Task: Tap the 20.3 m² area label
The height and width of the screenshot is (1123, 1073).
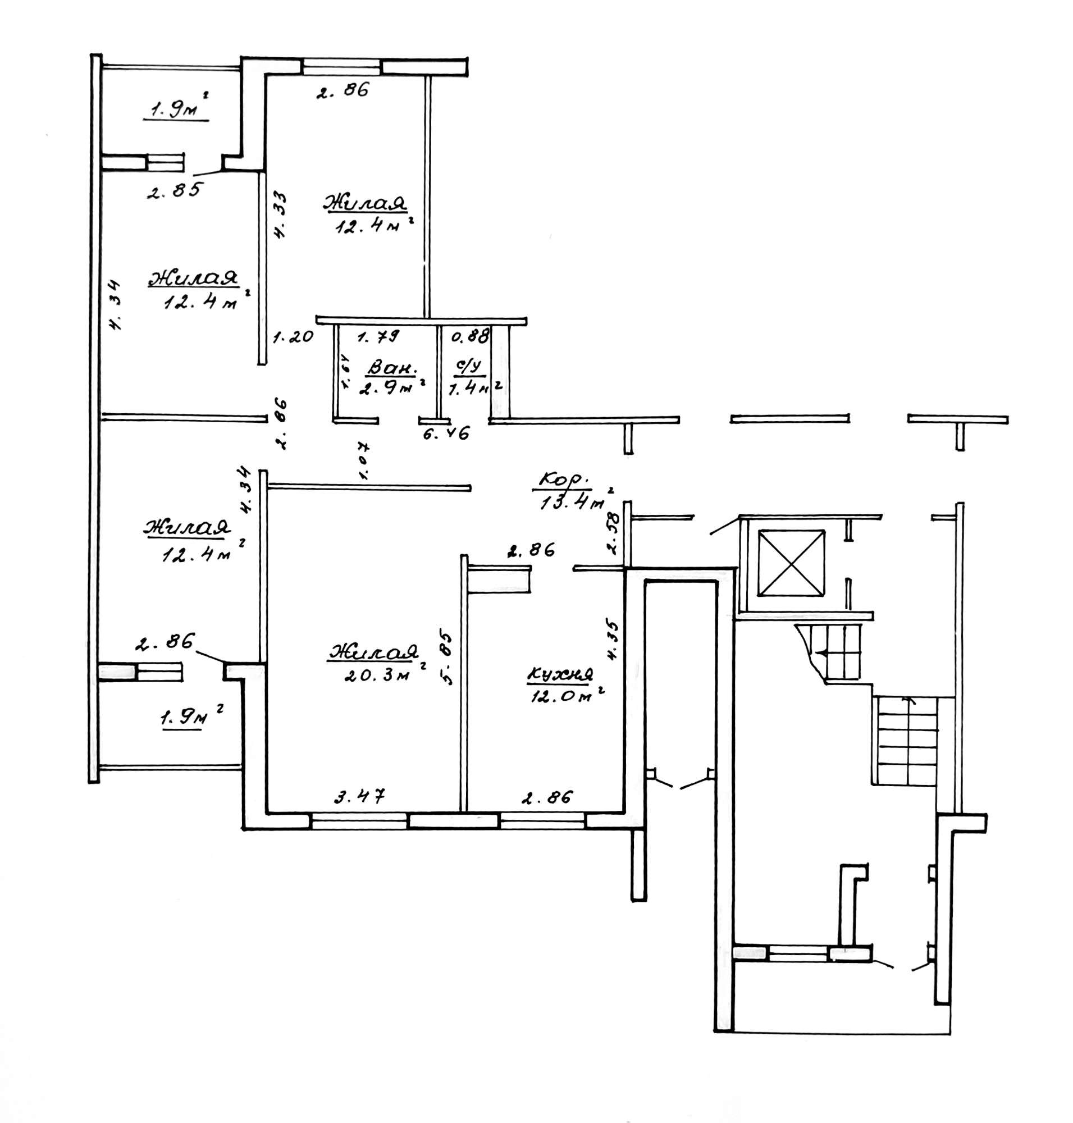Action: click(379, 675)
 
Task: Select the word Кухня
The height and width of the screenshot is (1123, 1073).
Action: click(559, 675)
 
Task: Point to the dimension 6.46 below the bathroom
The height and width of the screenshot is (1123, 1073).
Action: click(446, 433)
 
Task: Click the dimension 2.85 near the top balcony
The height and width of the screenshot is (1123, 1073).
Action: click(175, 190)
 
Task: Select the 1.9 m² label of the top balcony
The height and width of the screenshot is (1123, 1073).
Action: click(175, 108)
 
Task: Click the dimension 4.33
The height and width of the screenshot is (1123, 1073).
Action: click(280, 214)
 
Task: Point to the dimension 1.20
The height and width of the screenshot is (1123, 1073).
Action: click(293, 336)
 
